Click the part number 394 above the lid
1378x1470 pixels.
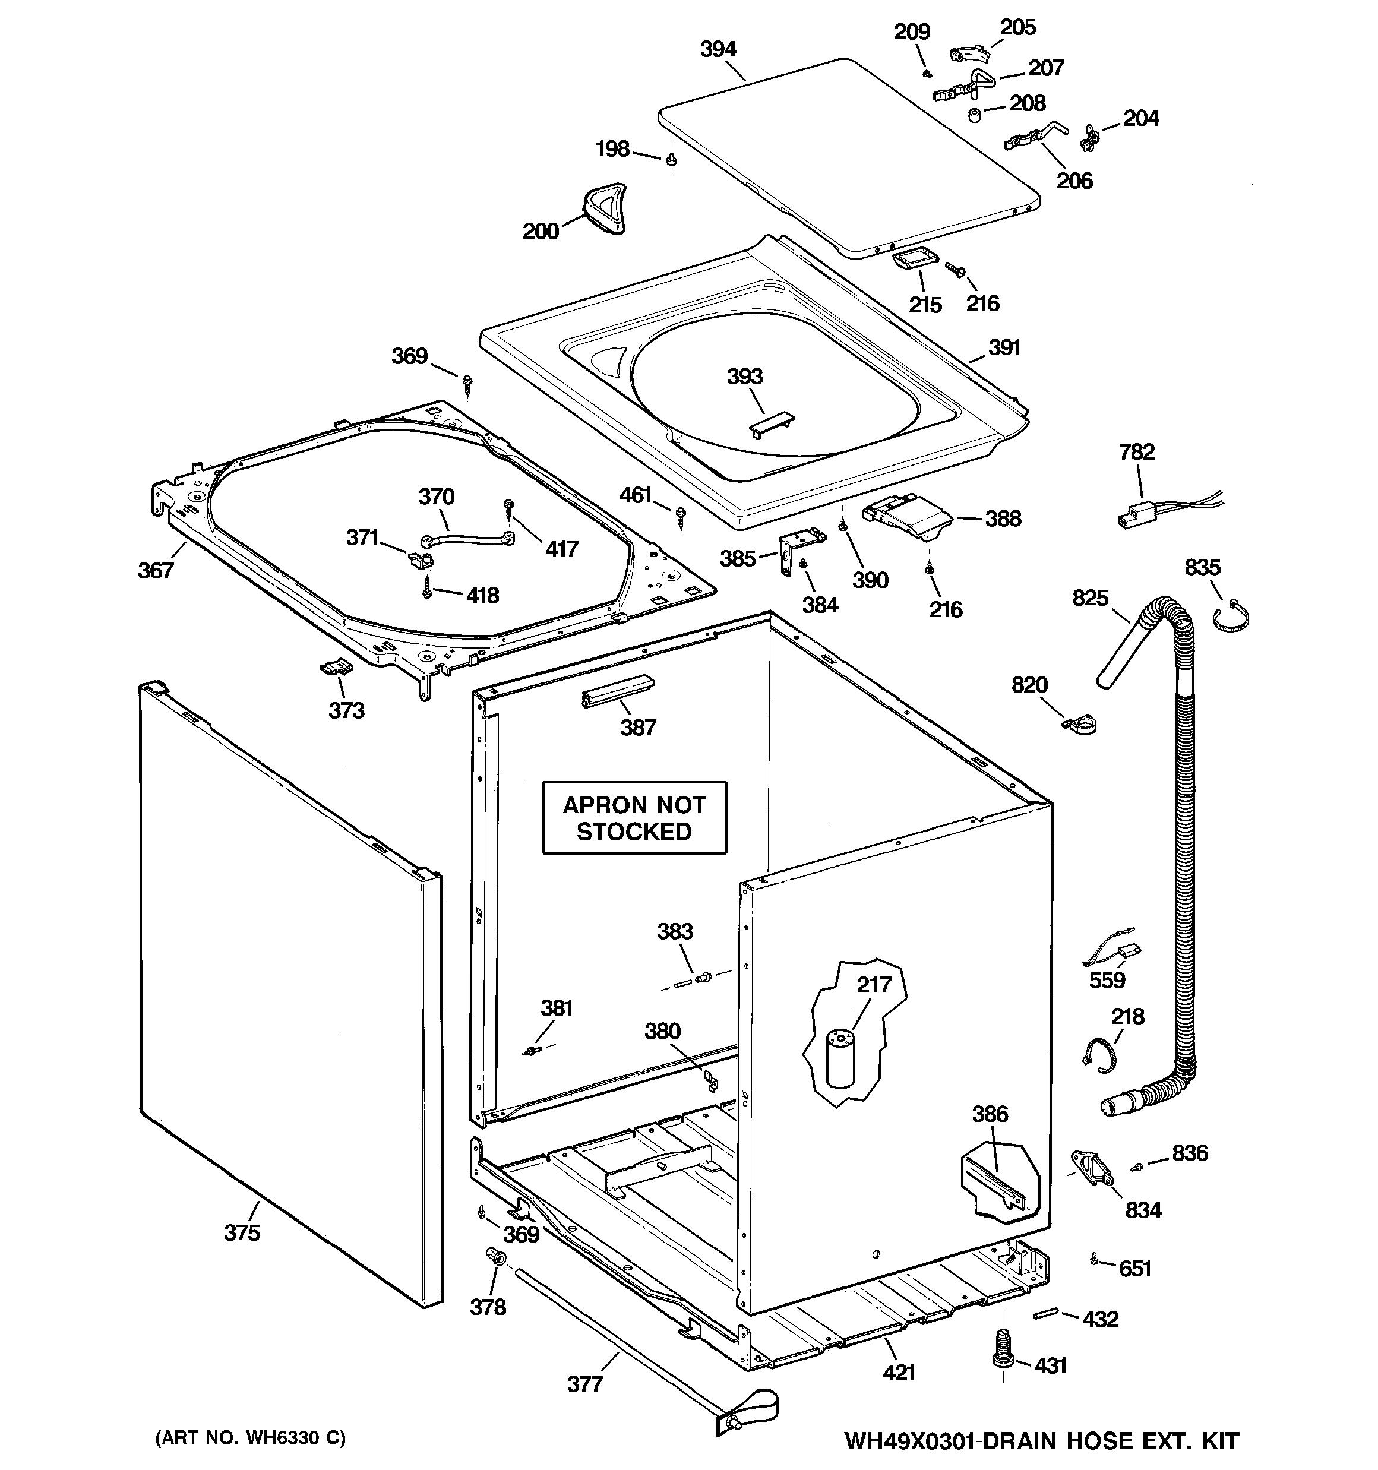[718, 49]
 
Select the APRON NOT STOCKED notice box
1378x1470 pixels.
[634, 818]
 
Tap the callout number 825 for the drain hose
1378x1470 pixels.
[1091, 598]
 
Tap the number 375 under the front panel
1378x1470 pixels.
[242, 1232]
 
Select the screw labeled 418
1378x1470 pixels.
[428, 590]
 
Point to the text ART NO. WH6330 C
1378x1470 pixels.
[250, 1437]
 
